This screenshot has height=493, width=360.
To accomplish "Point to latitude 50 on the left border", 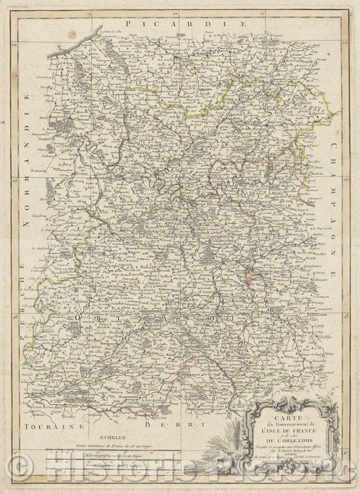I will tap(14, 45).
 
